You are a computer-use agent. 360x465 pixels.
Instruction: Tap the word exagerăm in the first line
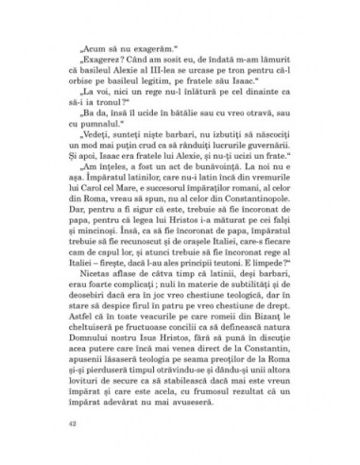[122, 43]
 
